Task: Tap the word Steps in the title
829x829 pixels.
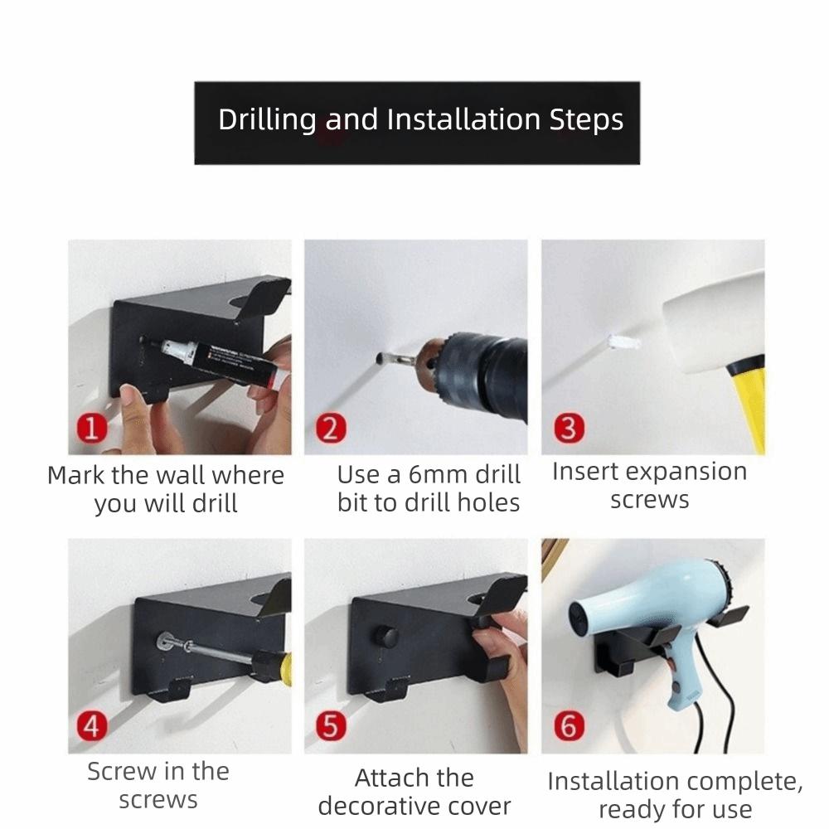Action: tap(586, 120)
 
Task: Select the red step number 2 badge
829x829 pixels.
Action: tap(330, 430)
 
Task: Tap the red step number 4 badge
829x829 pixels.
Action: tap(93, 727)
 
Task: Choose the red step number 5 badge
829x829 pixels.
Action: tap(330, 727)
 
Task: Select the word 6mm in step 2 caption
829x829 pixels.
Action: tap(438, 475)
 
